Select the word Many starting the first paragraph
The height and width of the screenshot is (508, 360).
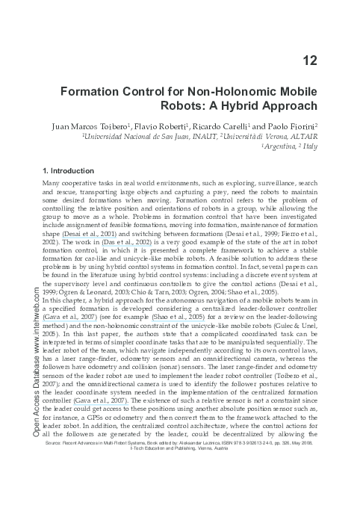[x=53, y=184]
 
